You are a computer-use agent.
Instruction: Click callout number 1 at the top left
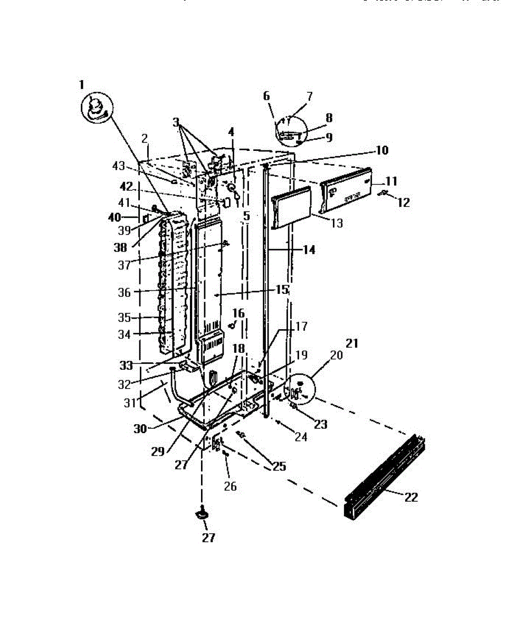(81, 84)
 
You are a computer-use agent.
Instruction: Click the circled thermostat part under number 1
(97, 108)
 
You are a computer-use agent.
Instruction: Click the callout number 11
(391, 181)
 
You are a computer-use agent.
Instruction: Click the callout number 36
(124, 292)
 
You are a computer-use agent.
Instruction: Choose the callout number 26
(230, 485)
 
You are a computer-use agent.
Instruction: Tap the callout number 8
(329, 118)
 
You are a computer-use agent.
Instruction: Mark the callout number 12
(404, 202)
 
